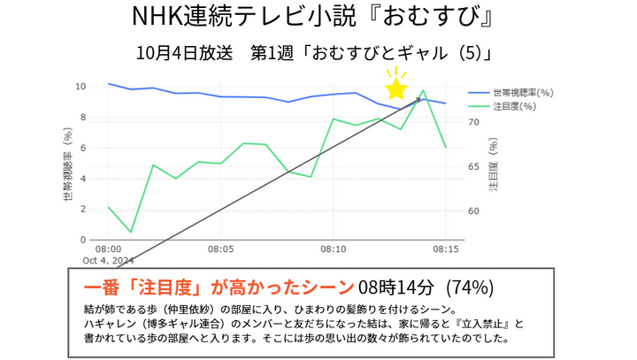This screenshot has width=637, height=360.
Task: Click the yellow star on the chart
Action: pyautogui.click(x=395, y=88)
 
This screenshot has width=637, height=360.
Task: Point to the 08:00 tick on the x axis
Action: pyautogui.click(x=108, y=249)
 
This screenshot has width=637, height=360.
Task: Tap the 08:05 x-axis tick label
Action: pyautogui.click(x=221, y=249)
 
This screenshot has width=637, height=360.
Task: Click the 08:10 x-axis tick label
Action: pyautogui.click(x=334, y=249)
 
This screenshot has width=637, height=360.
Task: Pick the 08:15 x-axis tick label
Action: pyautogui.click(x=446, y=249)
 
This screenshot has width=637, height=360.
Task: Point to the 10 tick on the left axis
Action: pyautogui.click(x=81, y=87)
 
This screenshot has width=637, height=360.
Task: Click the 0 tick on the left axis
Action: pyautogui.click(x=83, y=240)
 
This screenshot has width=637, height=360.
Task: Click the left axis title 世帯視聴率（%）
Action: pyautogui.click(x=67, y=164)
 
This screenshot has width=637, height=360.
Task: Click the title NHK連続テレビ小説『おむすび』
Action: pyautogui.click(x=318, y=18)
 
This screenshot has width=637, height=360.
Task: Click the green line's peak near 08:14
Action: pyautogui.click(x=423, y=90)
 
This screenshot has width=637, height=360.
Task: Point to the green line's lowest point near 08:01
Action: pyautogui.click(x=131, y=232)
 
